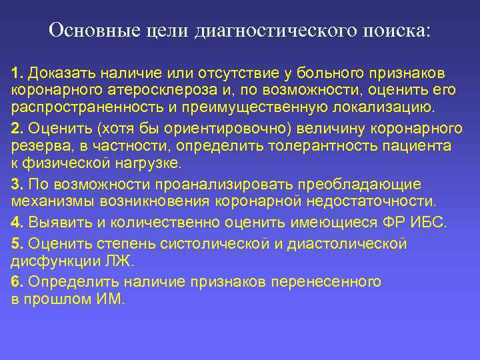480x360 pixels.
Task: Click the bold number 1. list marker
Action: (x=17, y=71)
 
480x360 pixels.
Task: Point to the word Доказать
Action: (x=57, y=71)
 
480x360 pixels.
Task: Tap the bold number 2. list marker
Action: (x=17, y=128)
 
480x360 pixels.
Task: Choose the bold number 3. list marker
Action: (x=17, y=184)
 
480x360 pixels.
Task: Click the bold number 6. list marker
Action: (x=17, y=281)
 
